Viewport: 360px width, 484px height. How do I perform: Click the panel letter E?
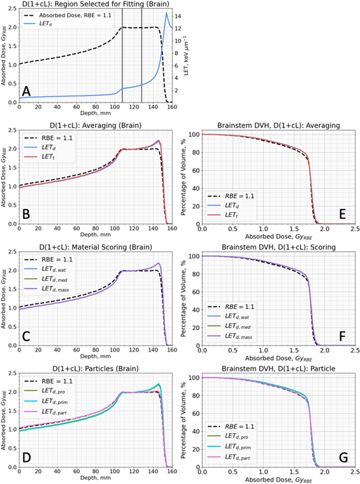(x=342, y=211)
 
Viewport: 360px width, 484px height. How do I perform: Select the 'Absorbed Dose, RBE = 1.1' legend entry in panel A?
(x=72, y=15)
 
